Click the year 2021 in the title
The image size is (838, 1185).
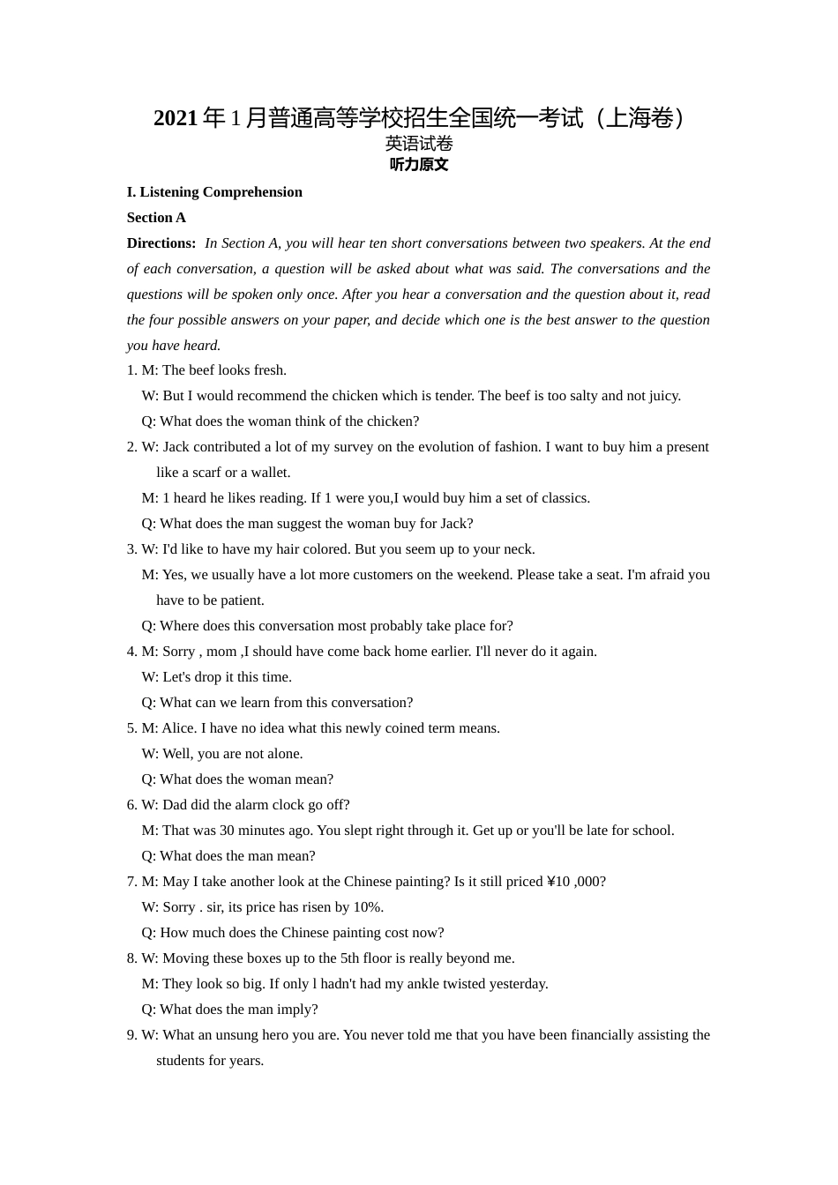[x=176, y=118]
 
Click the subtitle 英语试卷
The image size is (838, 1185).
[x=419, y=143]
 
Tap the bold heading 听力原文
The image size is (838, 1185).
[x=419, y=165]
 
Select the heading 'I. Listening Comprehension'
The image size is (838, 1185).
[x=214, y=192]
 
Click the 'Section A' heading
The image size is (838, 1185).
[x=156, y=218]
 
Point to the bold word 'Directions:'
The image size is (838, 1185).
[x=161, y=243]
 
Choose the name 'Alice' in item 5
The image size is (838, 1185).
[x=178, y=728]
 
